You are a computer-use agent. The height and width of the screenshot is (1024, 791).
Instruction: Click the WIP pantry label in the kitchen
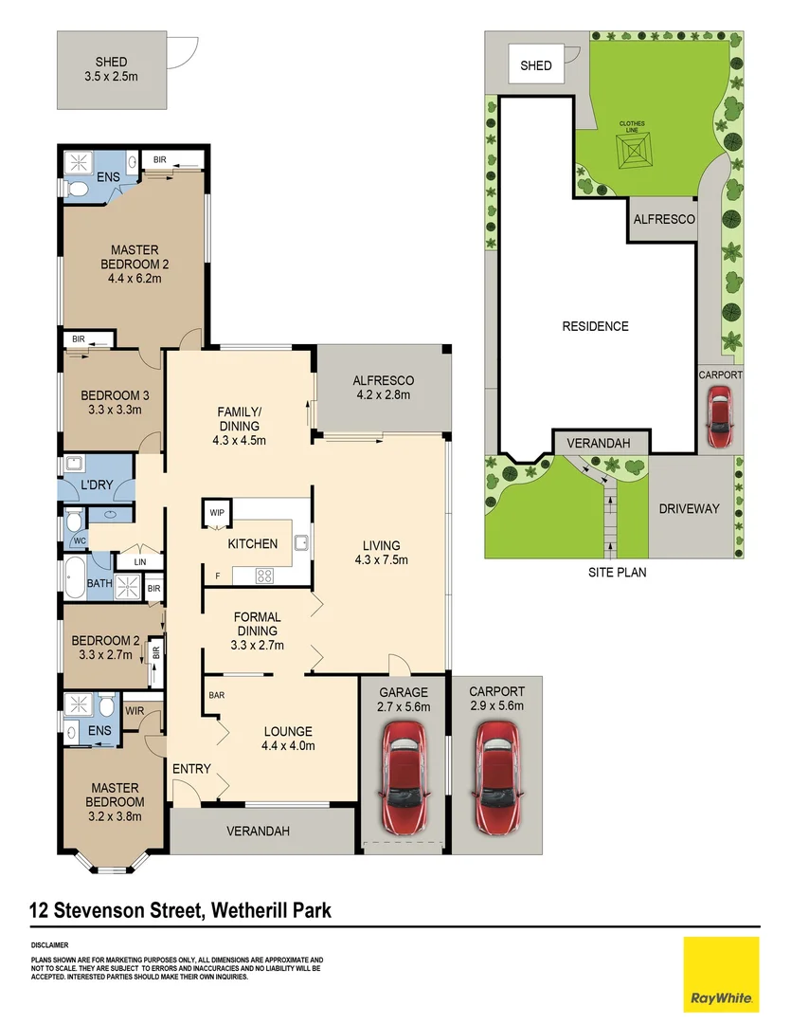(218, 512)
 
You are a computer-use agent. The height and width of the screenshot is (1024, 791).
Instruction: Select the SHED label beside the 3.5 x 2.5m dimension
(111, 63)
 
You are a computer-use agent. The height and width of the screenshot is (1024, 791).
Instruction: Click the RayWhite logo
(721, 974)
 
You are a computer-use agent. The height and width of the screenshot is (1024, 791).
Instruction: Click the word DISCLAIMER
(49, 945)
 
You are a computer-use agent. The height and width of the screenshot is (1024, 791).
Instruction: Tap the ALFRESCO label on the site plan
(662, 219)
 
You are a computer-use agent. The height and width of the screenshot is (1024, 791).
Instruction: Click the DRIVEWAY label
(689, 508)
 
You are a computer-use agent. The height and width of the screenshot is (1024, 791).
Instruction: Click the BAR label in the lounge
(216, 695)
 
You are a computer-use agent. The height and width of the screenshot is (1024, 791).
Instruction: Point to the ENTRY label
(191, 768)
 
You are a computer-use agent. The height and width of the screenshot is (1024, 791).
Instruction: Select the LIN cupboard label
(140, 562)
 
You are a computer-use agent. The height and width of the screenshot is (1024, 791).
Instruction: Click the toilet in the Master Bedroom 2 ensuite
(80, 190)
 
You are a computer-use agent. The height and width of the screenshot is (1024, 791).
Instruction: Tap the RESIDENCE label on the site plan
(595, 326)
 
